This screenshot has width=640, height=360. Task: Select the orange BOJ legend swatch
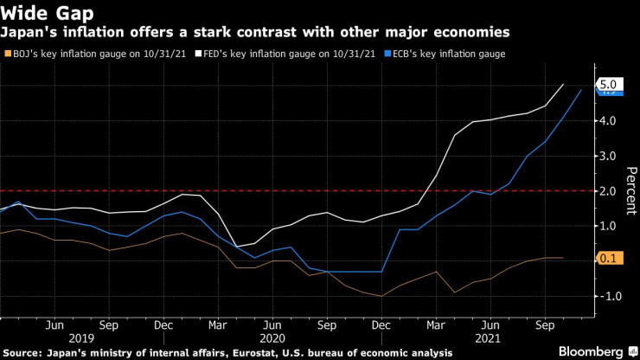pyautogui.click(x=8, y=54)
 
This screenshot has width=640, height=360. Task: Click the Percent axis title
pyautogui.click(x=630, y=190)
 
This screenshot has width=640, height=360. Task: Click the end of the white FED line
pyautogui.click(x=564, y=85)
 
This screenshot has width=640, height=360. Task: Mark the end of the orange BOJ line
pyautogui.click(x=564, y=257)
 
